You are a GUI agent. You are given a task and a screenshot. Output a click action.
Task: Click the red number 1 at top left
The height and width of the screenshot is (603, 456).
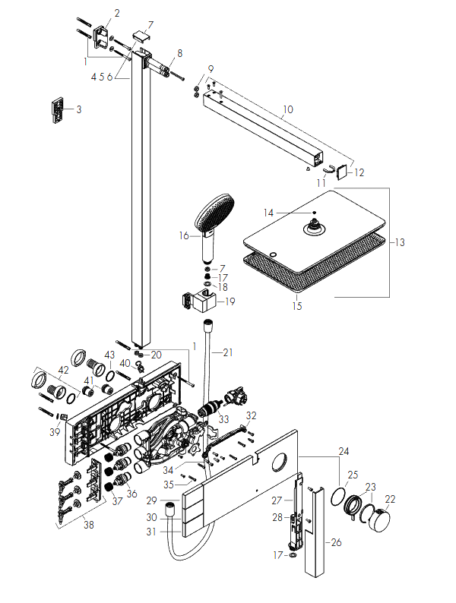[85, 62]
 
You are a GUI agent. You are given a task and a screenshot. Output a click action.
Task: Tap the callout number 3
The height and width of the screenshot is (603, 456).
[79, 109]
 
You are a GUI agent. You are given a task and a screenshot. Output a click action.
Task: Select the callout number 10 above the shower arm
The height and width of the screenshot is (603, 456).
[288, 109]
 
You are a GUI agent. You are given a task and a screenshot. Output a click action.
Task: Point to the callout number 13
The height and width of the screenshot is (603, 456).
[400, 242]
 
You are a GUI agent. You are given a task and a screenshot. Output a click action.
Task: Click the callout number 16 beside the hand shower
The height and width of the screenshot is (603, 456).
[184, 235]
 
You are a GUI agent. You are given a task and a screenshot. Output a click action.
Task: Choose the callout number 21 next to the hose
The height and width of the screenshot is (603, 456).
[228, 352]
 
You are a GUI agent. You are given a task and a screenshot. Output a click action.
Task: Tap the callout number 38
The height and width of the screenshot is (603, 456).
[88, 525]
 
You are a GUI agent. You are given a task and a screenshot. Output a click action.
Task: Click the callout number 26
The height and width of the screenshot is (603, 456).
[336, 542]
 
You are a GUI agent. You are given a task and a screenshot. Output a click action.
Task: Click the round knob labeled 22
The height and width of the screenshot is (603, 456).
[378, 520]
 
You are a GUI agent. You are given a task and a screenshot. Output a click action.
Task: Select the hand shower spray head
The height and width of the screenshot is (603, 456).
[215, 213]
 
